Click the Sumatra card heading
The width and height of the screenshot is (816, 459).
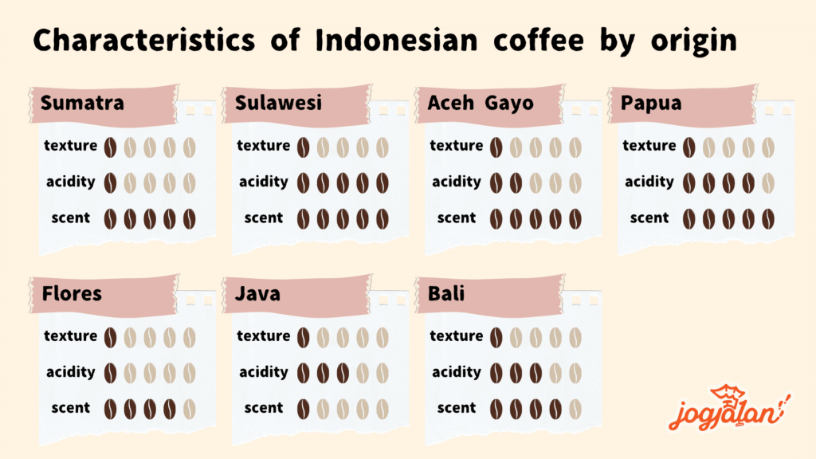(82, 103)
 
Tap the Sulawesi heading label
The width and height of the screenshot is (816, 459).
(278, 103)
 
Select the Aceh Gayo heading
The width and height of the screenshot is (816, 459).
(481, 104)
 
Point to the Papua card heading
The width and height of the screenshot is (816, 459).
(651, 104)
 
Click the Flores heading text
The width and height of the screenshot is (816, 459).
(72, 293)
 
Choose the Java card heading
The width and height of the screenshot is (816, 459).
(257, 294)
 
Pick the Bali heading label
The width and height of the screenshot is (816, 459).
(446, 293)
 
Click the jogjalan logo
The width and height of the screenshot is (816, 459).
(729, 409)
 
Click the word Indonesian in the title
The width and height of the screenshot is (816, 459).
(397, 40)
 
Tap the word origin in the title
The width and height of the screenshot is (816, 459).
(694, 41)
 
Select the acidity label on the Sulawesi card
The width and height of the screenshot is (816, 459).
(263, 182)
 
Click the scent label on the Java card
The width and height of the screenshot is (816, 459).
(263, 408)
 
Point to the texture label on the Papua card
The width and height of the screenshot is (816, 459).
(649, 145)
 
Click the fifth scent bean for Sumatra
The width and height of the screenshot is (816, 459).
(190, 219)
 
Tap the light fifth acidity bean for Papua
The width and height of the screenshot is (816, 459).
(768, 183)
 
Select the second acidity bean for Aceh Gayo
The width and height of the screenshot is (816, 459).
(516, 183)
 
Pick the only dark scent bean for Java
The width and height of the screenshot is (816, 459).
(303, 410)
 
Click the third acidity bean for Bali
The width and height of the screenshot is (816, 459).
(535, 374)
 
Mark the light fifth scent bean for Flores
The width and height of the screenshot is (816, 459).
(190, 410)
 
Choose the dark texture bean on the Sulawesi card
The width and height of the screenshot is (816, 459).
(303, 147)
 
